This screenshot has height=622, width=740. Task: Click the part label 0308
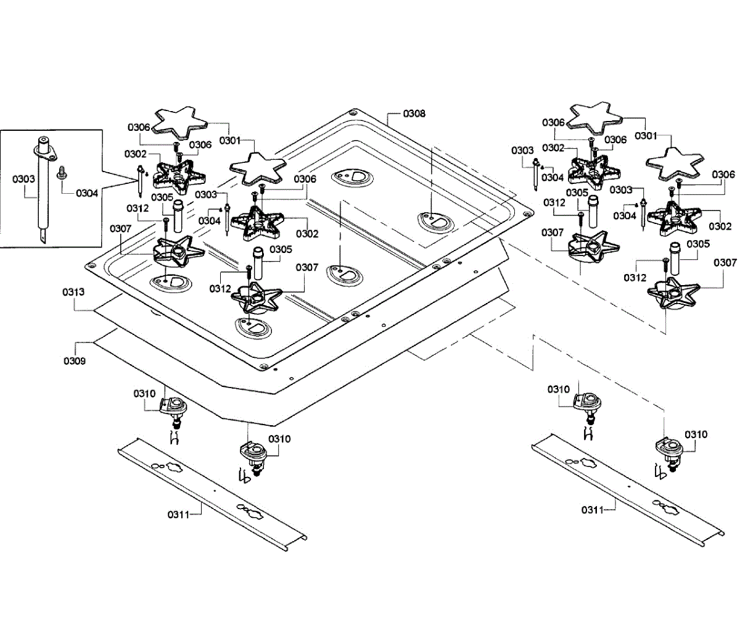(x=414, y=114)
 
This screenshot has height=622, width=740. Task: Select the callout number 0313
(x=73, y=291)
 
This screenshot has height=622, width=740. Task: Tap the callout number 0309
(x=73, y=360)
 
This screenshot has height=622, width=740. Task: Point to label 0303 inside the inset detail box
(x=22, y=180)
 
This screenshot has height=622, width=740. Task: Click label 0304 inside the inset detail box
(x=87, y=193)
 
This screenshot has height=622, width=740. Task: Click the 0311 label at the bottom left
(x=179, y=513)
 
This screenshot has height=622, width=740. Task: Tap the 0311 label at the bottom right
(x=592, y=510)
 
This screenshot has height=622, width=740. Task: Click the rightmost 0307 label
(x=725, y=263)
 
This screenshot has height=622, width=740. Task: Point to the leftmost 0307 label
(x=121, y=229)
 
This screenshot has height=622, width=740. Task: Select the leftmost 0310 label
(x=145, y=393)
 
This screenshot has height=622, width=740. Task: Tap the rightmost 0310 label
(x=696, y=434)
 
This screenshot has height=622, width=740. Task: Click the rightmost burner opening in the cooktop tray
(x=437, y=221)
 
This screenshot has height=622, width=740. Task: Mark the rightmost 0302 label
(x=720, y=226)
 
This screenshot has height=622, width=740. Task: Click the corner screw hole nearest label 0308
(x=352, y=113)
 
